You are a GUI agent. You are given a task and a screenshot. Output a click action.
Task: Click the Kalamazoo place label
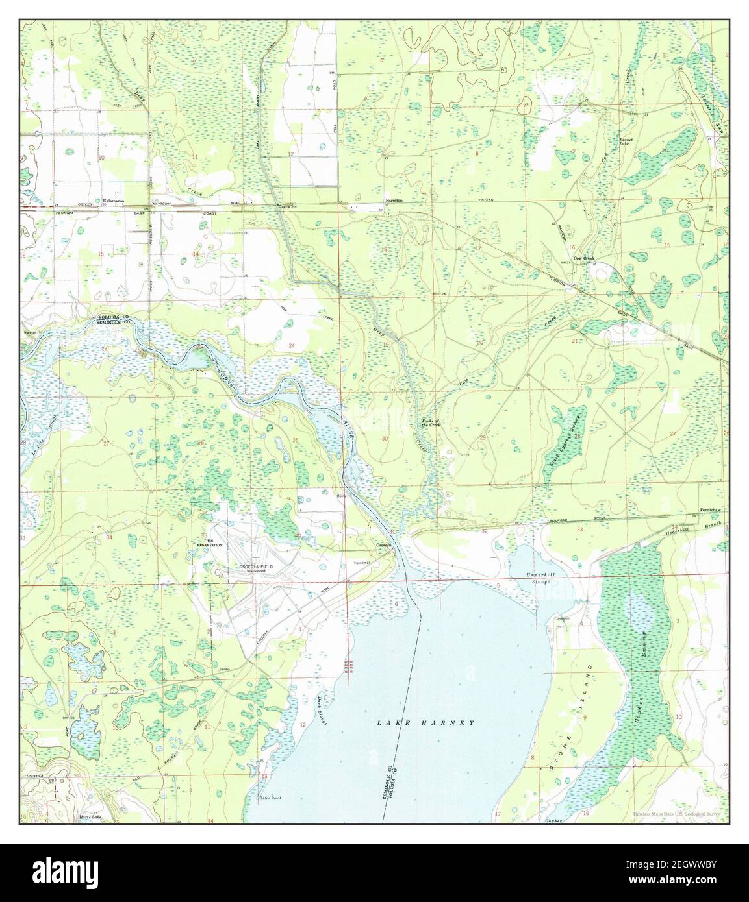coord(113,202)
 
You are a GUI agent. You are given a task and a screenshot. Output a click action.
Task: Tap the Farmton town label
coord(394,201)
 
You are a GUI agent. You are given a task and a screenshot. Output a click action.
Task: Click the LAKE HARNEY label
coord(427,722)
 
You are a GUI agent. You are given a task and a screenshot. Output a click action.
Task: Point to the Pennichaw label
coord(711,511)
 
